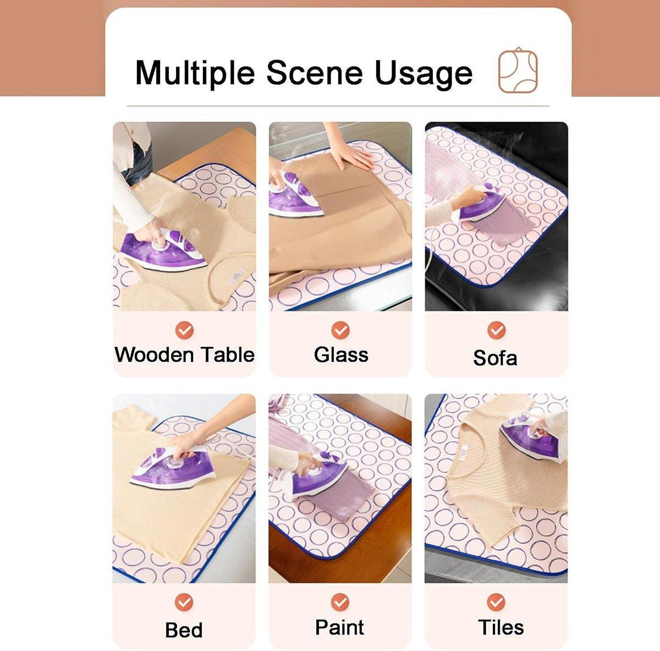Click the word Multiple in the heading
tap(195, 73)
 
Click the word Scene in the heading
tap(315, 73)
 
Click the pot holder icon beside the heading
tap(518, 70)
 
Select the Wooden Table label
tap(185, 354)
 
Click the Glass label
tap(341, 354)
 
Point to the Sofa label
tap(495, 358)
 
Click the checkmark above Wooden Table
tap(185, 330)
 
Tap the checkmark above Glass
tap(340, 330)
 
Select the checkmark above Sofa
tap(496, 330)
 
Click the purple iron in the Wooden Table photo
tap(164, 249)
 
